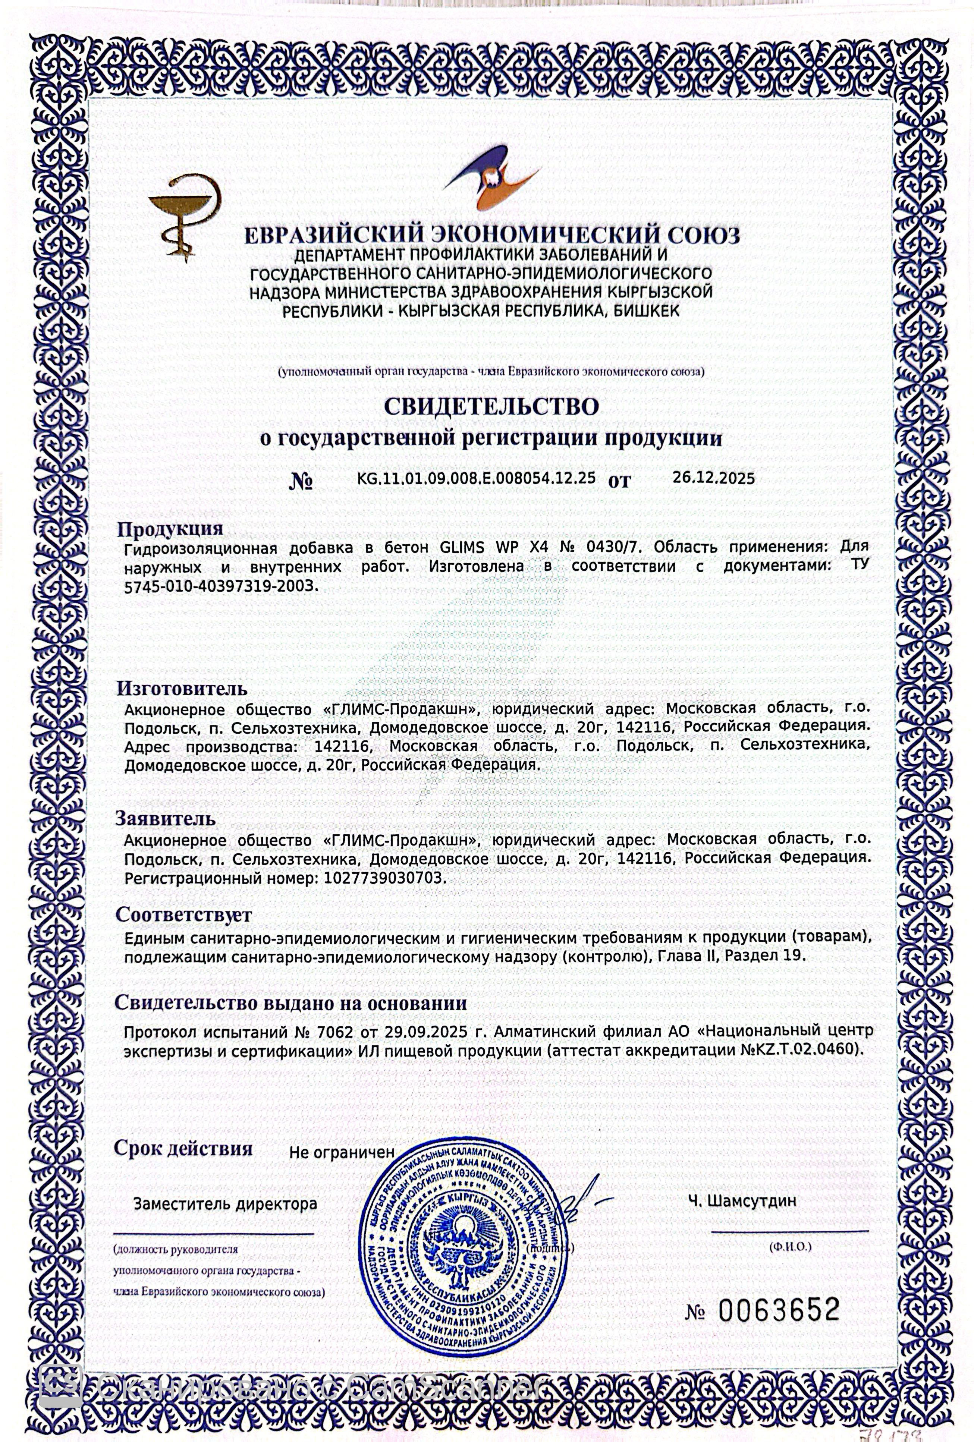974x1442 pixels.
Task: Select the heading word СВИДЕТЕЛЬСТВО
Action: click(x=490, y=406)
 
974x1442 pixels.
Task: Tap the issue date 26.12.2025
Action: click(x=713, y=478)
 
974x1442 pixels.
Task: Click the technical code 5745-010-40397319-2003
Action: click(x=220, y=586)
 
